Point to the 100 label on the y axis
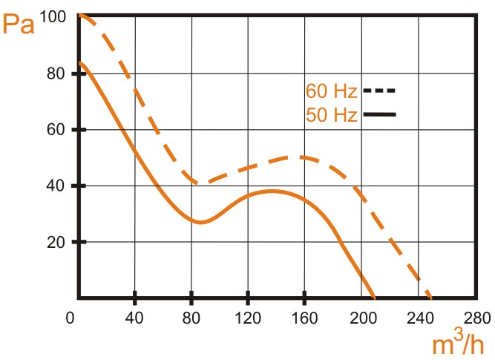[53, 16]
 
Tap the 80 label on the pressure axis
[58, 73]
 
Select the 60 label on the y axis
[58, 130]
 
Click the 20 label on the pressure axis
[58, 243]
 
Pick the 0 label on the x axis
[71, 317]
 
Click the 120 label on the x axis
[248, 317]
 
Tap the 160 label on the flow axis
[304, 317]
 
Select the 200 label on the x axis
[361, 317]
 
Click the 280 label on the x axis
[475, 317]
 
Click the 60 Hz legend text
[332, 91]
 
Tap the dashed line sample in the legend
[379, 91]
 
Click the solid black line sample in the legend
[379, 114]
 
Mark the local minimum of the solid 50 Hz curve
[200, 222]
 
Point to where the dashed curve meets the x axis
[431, 298]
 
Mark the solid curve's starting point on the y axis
[79, 62]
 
